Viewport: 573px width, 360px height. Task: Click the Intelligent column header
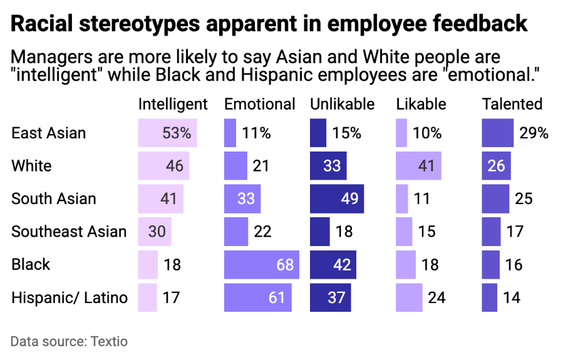[x=172, y=104]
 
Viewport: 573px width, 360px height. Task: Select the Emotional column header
[x=259, y=104]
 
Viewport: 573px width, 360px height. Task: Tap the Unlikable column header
[x=342, y=104]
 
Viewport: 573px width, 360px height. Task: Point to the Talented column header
[x=512, y=104]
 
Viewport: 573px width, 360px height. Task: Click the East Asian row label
[x=48, y=133]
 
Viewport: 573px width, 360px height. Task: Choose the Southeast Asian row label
[x=69, y=232]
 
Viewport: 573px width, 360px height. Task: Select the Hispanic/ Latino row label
[x=69, y=297]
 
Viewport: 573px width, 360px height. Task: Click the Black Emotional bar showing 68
[x=261, y=264]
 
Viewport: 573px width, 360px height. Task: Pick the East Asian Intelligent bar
[x=167, y=133]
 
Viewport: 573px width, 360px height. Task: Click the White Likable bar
[x=418, y=166]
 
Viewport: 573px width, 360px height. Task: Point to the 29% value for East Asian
[x=534, y=133]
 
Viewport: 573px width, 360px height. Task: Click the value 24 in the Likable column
[x=436, y=297]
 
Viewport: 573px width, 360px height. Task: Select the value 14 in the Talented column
[x=512, y=297]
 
